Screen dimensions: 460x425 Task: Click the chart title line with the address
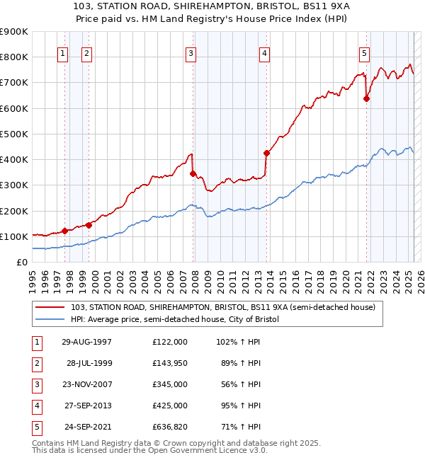(x=212, y=8)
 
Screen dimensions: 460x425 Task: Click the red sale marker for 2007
(x=193, y=173)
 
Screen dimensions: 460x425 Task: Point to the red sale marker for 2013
(x=266, y=153)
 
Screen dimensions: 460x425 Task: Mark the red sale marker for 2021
(x=366, y=99)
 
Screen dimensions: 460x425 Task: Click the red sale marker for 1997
(x=65, y=231)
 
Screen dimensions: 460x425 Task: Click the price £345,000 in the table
(x=169, y=384)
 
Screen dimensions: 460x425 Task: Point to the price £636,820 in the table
(x=169, y=427)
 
